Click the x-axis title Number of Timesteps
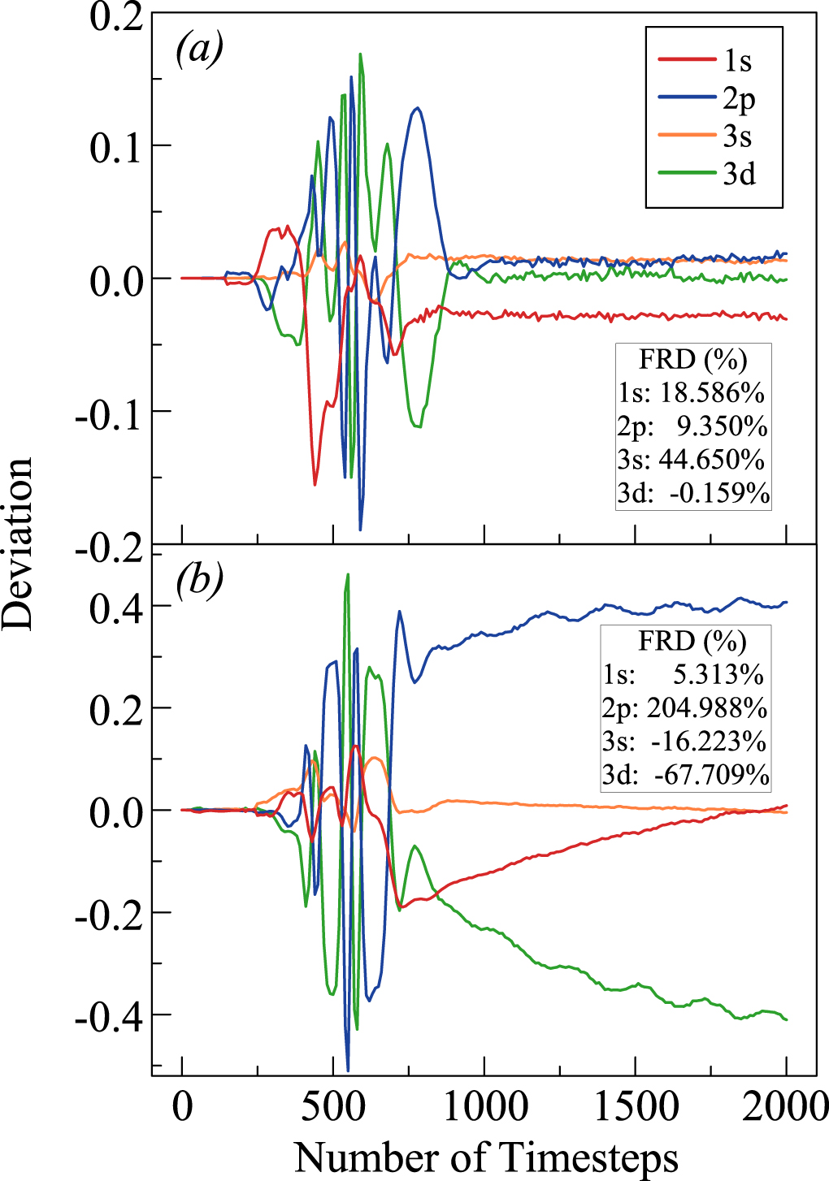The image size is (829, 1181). tap(485, 1156)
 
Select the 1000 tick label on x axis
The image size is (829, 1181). tap(484, 1106)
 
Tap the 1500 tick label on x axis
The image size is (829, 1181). tap(636, 1106)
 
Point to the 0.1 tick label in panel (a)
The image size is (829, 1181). tap(117, 148)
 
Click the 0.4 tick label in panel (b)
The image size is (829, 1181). tap(117, 608)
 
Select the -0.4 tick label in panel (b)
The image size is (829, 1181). tap(109, 1017)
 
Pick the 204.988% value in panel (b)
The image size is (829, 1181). tap(707, 708)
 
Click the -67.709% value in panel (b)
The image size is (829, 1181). tap(712, 775)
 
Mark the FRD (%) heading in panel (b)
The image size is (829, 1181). tap(692, 641)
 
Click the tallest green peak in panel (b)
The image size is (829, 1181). tap(348, 574)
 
